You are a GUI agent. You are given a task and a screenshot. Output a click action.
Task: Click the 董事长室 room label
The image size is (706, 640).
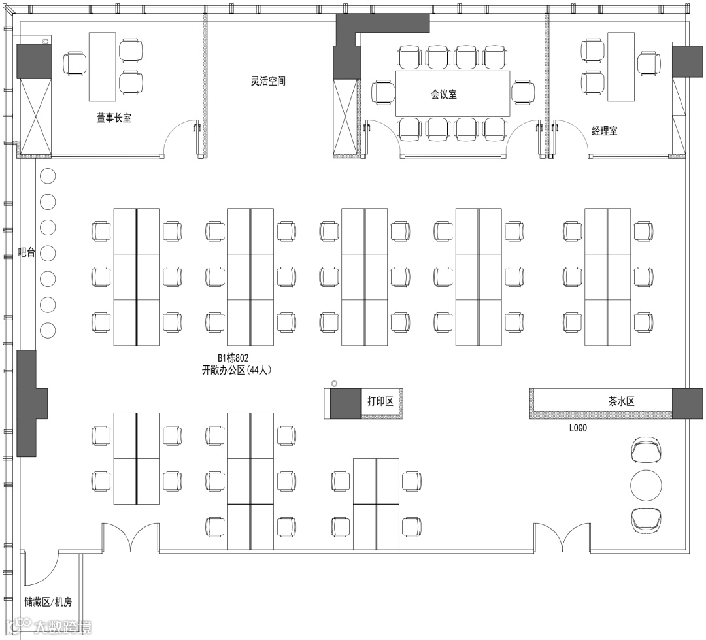(114, 118)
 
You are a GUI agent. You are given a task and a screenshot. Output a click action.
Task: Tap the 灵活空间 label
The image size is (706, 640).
(268, 82)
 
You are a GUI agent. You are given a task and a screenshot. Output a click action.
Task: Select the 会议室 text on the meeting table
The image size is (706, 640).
(443, 94)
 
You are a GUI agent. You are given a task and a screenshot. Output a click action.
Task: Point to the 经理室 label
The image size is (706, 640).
(604, 131)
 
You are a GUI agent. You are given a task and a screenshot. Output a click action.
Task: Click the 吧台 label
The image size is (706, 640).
(26, 252)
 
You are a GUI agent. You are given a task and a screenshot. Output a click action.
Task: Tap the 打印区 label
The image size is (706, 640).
(380, 401)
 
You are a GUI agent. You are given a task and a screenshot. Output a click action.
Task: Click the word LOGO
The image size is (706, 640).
(578, 428)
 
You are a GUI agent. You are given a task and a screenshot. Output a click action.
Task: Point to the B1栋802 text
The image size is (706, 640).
(233, 358)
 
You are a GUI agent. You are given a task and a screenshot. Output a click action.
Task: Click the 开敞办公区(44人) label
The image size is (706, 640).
(237, 369)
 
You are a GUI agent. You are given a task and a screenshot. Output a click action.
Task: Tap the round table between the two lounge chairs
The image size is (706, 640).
(646, 484)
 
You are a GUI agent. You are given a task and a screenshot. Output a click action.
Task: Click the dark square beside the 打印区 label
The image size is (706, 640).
(345, 403)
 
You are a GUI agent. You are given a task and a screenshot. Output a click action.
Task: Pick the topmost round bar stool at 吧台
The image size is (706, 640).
(48, 176)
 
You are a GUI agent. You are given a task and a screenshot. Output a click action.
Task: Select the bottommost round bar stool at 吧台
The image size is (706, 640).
(48, 330)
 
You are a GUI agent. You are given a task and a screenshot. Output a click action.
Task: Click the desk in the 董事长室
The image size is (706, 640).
(102, 67)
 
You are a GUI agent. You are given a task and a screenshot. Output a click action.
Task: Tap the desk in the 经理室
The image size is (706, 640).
(620, 67)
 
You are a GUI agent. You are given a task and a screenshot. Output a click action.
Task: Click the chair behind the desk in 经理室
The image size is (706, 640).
(649, 64)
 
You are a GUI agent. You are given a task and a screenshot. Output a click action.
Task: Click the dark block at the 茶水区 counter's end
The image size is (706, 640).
(687, 403)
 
